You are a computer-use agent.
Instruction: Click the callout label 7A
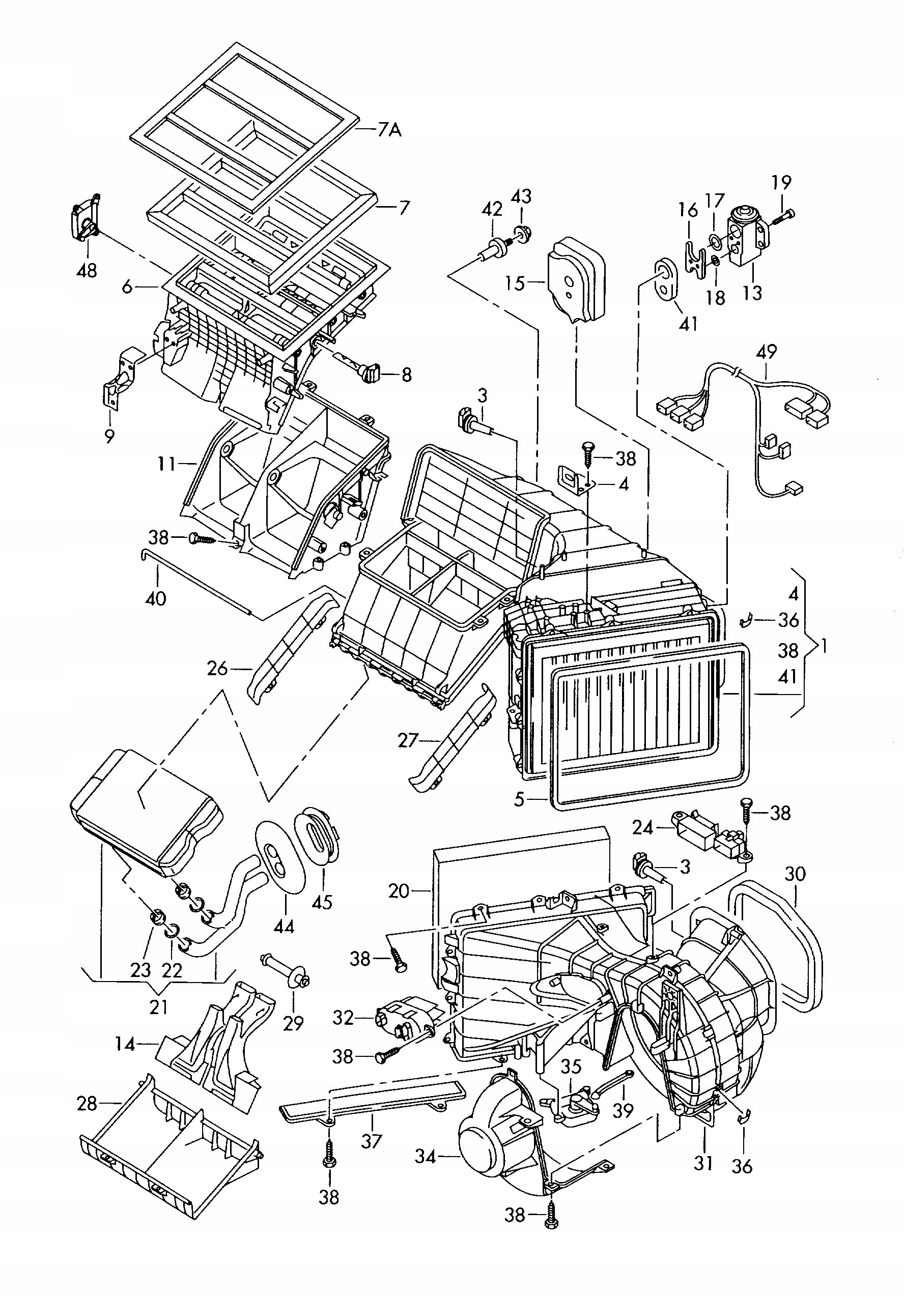coord(389,130)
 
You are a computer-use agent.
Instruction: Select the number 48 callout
coord(87,270)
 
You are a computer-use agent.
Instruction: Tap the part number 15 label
coord(515,283)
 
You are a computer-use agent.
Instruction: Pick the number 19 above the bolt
coord(781,183)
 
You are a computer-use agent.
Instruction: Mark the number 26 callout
coord(217,669)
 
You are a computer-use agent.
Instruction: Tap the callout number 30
coord(795,874)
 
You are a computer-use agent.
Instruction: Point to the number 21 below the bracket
coord(159,1006)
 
